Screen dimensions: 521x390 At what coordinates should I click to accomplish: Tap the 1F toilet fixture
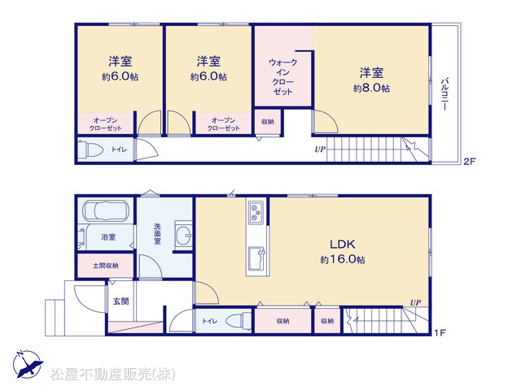pos(239,321)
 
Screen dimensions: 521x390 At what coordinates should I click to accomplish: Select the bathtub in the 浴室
pos(105,210)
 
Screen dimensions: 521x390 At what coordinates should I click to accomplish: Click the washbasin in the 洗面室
pos(184,233)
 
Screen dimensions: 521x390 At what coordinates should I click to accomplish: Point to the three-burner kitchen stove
pos(256,212)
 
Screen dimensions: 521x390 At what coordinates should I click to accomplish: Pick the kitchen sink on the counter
pos(256,258)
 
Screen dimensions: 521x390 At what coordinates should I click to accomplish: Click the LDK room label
pos(342,245)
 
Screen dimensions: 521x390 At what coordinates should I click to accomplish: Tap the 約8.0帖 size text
pos(371,89)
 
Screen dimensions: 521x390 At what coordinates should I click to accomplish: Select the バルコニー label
pos(444,94)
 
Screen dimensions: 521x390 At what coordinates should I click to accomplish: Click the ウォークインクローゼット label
pos(282,77)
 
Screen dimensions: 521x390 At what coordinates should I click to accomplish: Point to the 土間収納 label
pos(106,266)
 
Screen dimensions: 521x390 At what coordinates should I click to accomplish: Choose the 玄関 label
pos(121,301)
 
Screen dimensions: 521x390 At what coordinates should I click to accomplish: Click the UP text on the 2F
pos(320,149)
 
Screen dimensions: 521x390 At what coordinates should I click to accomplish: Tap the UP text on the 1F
pos(415,302)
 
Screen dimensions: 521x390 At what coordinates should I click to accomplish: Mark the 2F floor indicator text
pos(470,162)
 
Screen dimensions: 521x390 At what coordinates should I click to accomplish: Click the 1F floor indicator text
pos(440,332)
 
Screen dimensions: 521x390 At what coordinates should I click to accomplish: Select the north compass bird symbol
pos(28,364)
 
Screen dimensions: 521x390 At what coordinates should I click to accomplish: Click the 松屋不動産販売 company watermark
pos(112,374)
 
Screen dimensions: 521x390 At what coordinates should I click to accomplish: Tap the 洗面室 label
pos(157,234)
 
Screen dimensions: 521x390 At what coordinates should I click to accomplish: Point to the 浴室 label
pos(108,237)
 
